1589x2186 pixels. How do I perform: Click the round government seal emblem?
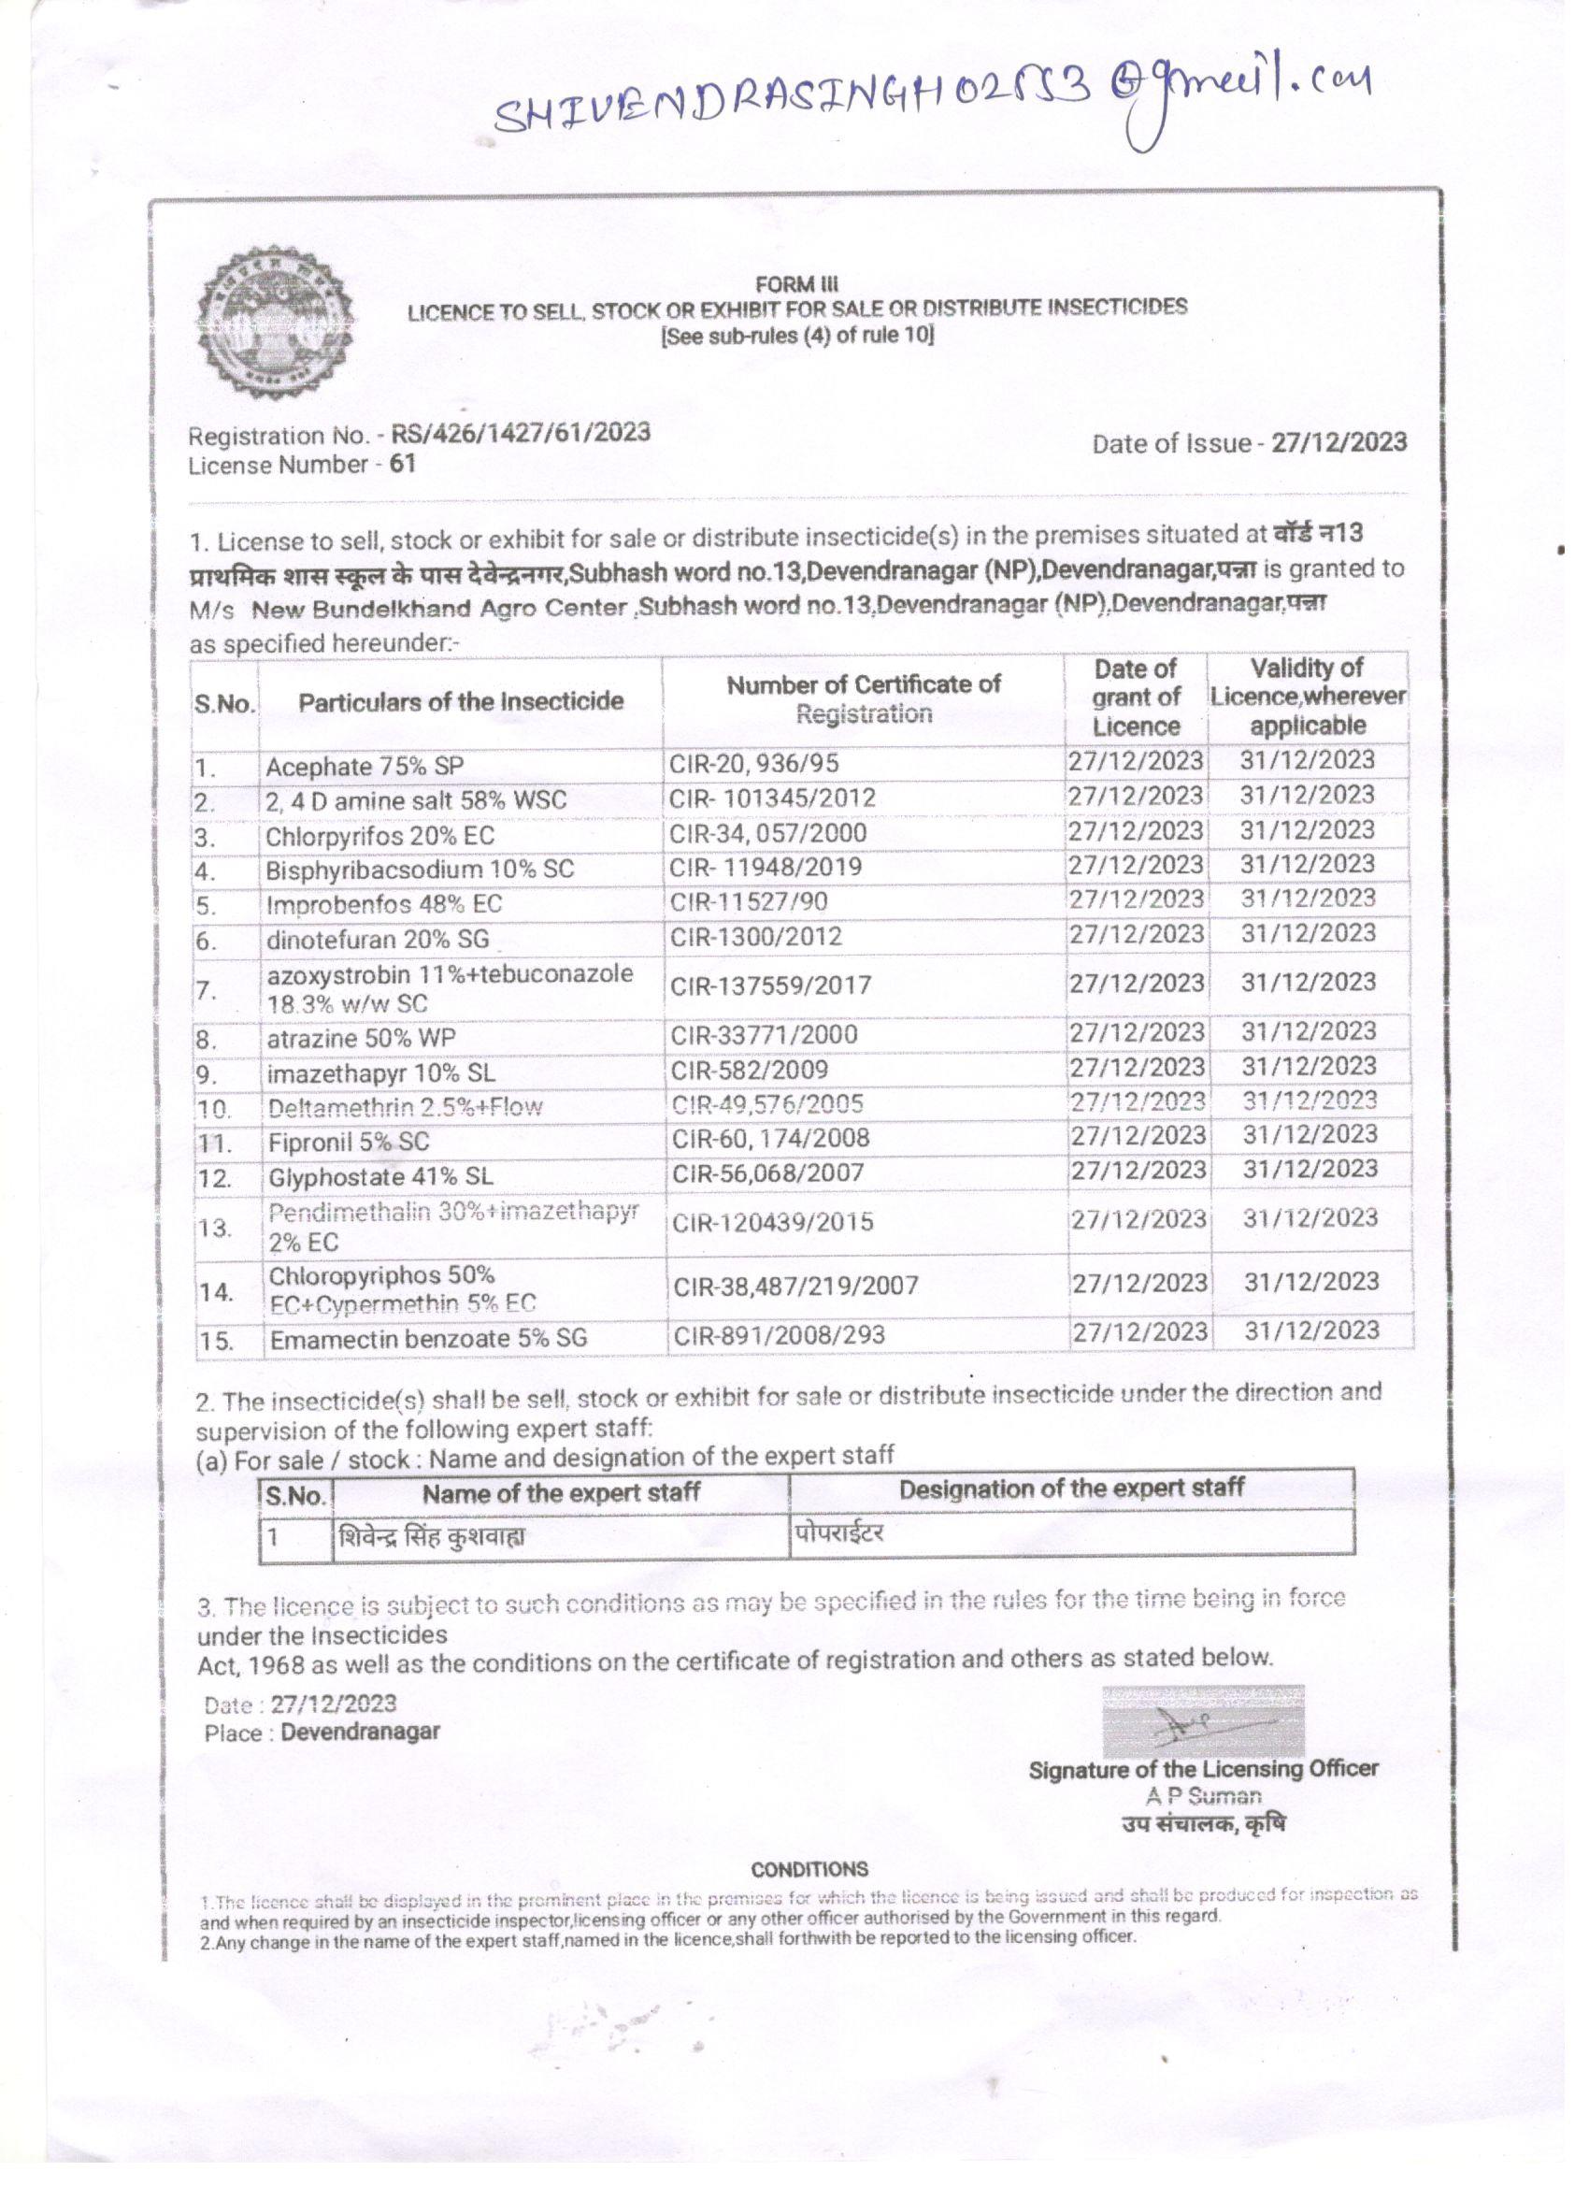(x=275, y=324)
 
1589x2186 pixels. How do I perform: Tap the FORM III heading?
(x=797, y=284)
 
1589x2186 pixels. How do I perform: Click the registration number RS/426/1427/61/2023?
(x=521, y=433)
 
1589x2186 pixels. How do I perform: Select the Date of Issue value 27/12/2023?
(x=1338, y=442)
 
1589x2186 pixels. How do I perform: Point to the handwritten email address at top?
(x=931, y=106)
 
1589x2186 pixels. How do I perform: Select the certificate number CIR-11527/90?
(x=749, y=902)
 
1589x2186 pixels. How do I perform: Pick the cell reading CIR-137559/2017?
(x=771, y=985)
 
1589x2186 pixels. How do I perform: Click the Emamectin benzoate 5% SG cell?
(x=428, y=1339)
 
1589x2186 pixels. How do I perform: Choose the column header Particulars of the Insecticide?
(x=461, y=701)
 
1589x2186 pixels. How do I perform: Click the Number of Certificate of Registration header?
(x=864, y=698)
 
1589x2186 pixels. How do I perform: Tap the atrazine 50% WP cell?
(x=362, y=1039)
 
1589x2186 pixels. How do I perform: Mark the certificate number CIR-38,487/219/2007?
(x=795, y=1286)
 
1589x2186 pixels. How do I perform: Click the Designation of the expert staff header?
(x=1071, y=1488)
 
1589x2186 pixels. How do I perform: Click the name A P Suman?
(x=1203, y=1795)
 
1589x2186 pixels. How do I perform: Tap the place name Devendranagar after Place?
(x=361, y=1731)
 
